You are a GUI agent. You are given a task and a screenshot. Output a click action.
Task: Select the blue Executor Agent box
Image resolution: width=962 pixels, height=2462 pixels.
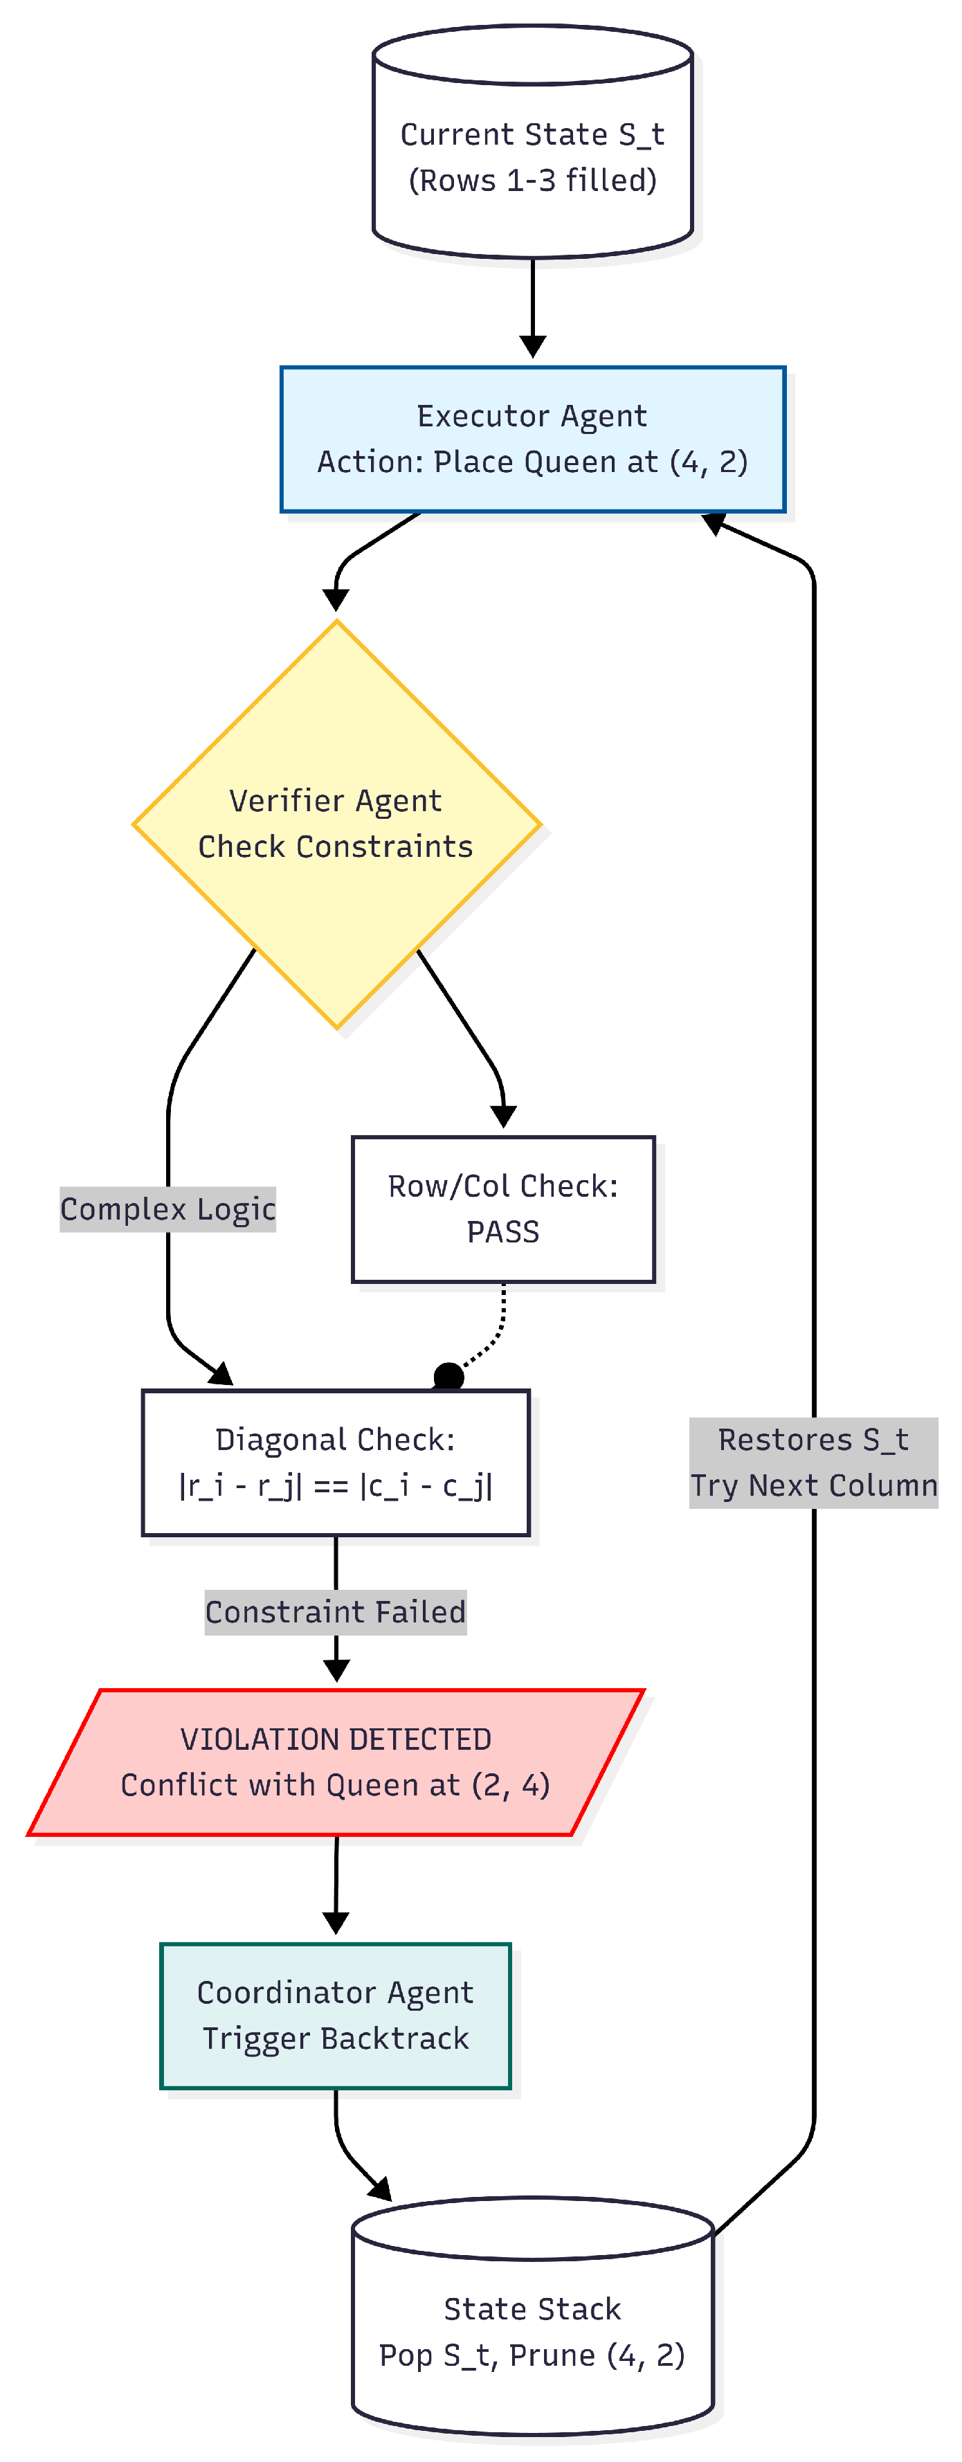[x=532, y=439]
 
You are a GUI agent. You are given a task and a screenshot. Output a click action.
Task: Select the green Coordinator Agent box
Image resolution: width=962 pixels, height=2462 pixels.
[x=335, y=2016]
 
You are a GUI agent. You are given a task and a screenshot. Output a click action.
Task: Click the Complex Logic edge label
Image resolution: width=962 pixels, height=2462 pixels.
[x=168, y=1209]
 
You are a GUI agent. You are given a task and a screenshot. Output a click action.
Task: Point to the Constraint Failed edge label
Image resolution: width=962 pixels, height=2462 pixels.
[x=335, y=1612]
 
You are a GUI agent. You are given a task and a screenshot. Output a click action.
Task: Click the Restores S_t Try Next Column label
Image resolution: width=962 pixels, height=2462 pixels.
[x=813, y=1463]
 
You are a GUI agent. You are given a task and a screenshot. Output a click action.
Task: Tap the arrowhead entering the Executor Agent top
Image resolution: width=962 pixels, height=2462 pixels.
[x=532, y=347]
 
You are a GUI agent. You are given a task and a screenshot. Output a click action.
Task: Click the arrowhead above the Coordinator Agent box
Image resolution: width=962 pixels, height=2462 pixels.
[x=335, y=1922]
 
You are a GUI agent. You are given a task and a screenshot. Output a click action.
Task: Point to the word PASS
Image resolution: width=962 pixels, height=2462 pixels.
[x=502, y=1232]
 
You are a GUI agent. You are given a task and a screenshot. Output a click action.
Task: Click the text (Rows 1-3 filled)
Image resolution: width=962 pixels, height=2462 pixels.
[x=532, y=180]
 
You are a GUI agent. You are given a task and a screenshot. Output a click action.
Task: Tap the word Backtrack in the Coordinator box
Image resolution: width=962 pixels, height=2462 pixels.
[x=394, y=2038]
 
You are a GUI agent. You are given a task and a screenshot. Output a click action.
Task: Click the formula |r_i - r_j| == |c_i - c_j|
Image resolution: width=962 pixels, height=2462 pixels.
[x=335, y=1486]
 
